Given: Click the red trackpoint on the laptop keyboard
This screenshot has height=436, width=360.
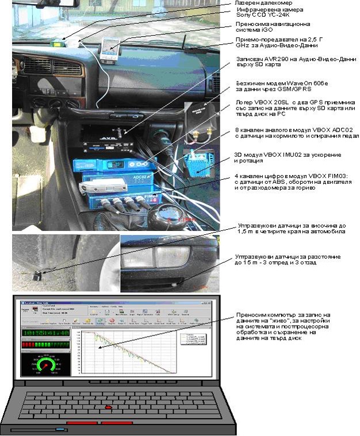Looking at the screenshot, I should tap(108, 407).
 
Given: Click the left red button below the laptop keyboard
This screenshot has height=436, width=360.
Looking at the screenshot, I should tap(81, 423).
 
